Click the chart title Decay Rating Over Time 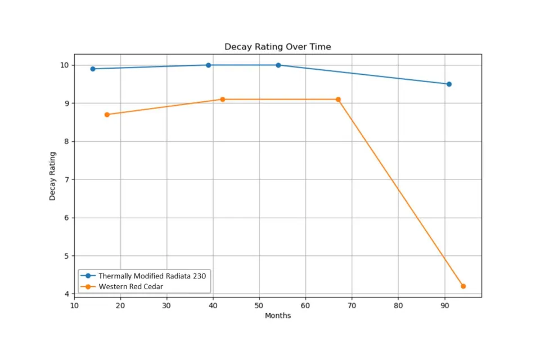point(278,47)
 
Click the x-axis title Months point(278,316)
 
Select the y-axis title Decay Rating point(52,176)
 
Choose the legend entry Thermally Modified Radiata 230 point(152,276)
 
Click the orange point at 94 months point(463,286)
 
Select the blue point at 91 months point(449,84)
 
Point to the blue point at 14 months point(93,69)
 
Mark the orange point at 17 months point(107,115)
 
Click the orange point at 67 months point(338,100)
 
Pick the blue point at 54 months point(278,65)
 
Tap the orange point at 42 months point(222,100)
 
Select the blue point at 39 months point(208,65)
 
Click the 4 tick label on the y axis point(66,294)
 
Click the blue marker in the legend point(88,276)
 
